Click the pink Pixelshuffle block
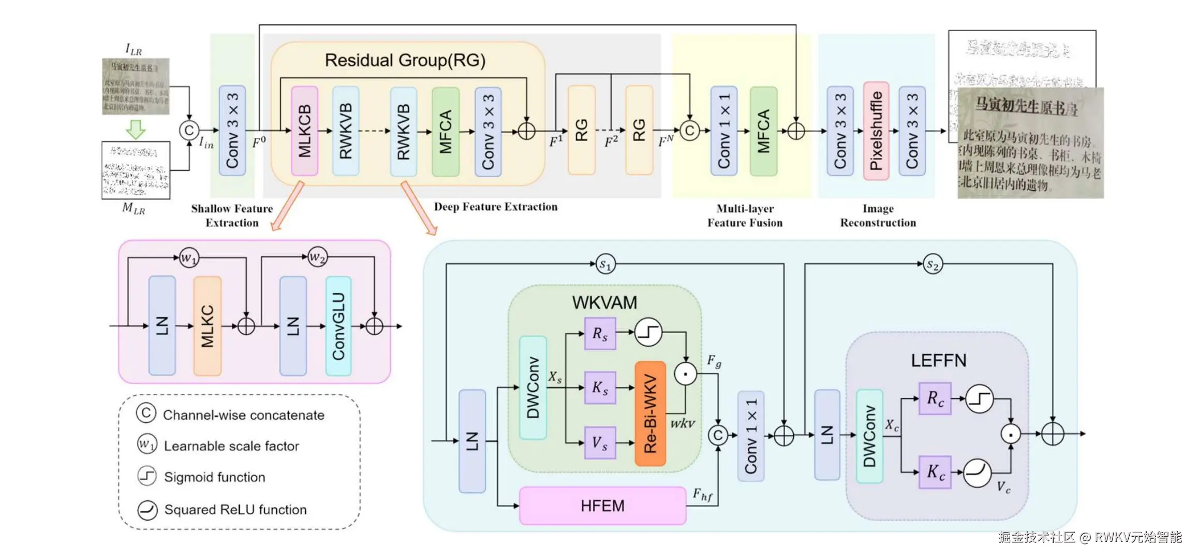[x=876, y=131]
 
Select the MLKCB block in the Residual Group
[x=304, y=131]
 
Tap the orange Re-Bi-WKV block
[x=650, y=413]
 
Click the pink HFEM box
[x=602, y=505]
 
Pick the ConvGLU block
[x=338, y=326]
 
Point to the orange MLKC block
[x=207, y=326]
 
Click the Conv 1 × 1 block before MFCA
[x=723, y=131]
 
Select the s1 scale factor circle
[x=605, y=264]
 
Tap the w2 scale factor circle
[x=317, y=257]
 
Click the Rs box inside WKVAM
[x=600, y=334]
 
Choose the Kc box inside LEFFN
[x=935, y=472]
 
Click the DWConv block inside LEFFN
[x=869, y=436]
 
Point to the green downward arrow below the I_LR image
[x=136, y=129]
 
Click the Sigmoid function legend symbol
[x=147, y=476]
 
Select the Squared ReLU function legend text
[x=235, y=509]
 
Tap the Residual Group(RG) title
[x=405, y=60]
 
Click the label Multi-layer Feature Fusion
[x=745, y=216]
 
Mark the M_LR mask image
[x=136, y=170]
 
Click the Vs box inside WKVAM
[x=600, y=442]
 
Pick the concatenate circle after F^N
[x=689, y=131]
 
